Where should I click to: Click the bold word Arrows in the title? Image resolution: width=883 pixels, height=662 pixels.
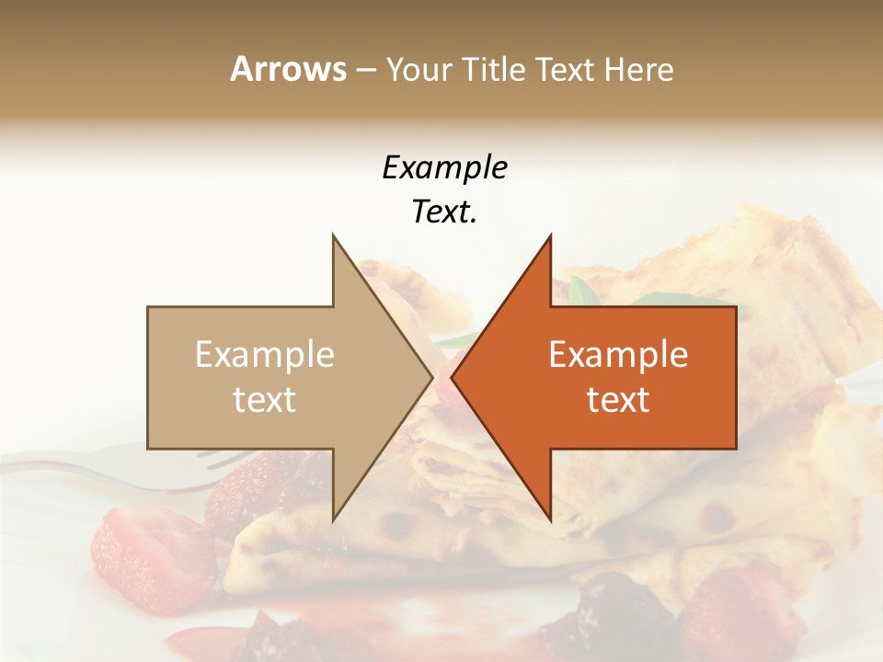click(288, 69)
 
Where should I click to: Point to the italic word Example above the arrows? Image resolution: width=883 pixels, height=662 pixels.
click(444, 168)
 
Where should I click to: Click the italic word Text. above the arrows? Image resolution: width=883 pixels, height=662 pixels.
click(444, 212)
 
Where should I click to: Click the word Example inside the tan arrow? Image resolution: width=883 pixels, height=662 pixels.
click(265, 355)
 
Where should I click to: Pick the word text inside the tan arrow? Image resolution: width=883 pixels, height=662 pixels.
click(265, 399)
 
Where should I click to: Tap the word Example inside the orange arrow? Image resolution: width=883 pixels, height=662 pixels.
click(618, 355)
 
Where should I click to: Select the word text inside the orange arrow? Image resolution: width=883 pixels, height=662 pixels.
click(618, 399)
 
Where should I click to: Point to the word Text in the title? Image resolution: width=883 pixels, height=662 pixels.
click(566, 69)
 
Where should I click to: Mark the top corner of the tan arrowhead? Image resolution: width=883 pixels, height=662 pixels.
click(333, 236)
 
